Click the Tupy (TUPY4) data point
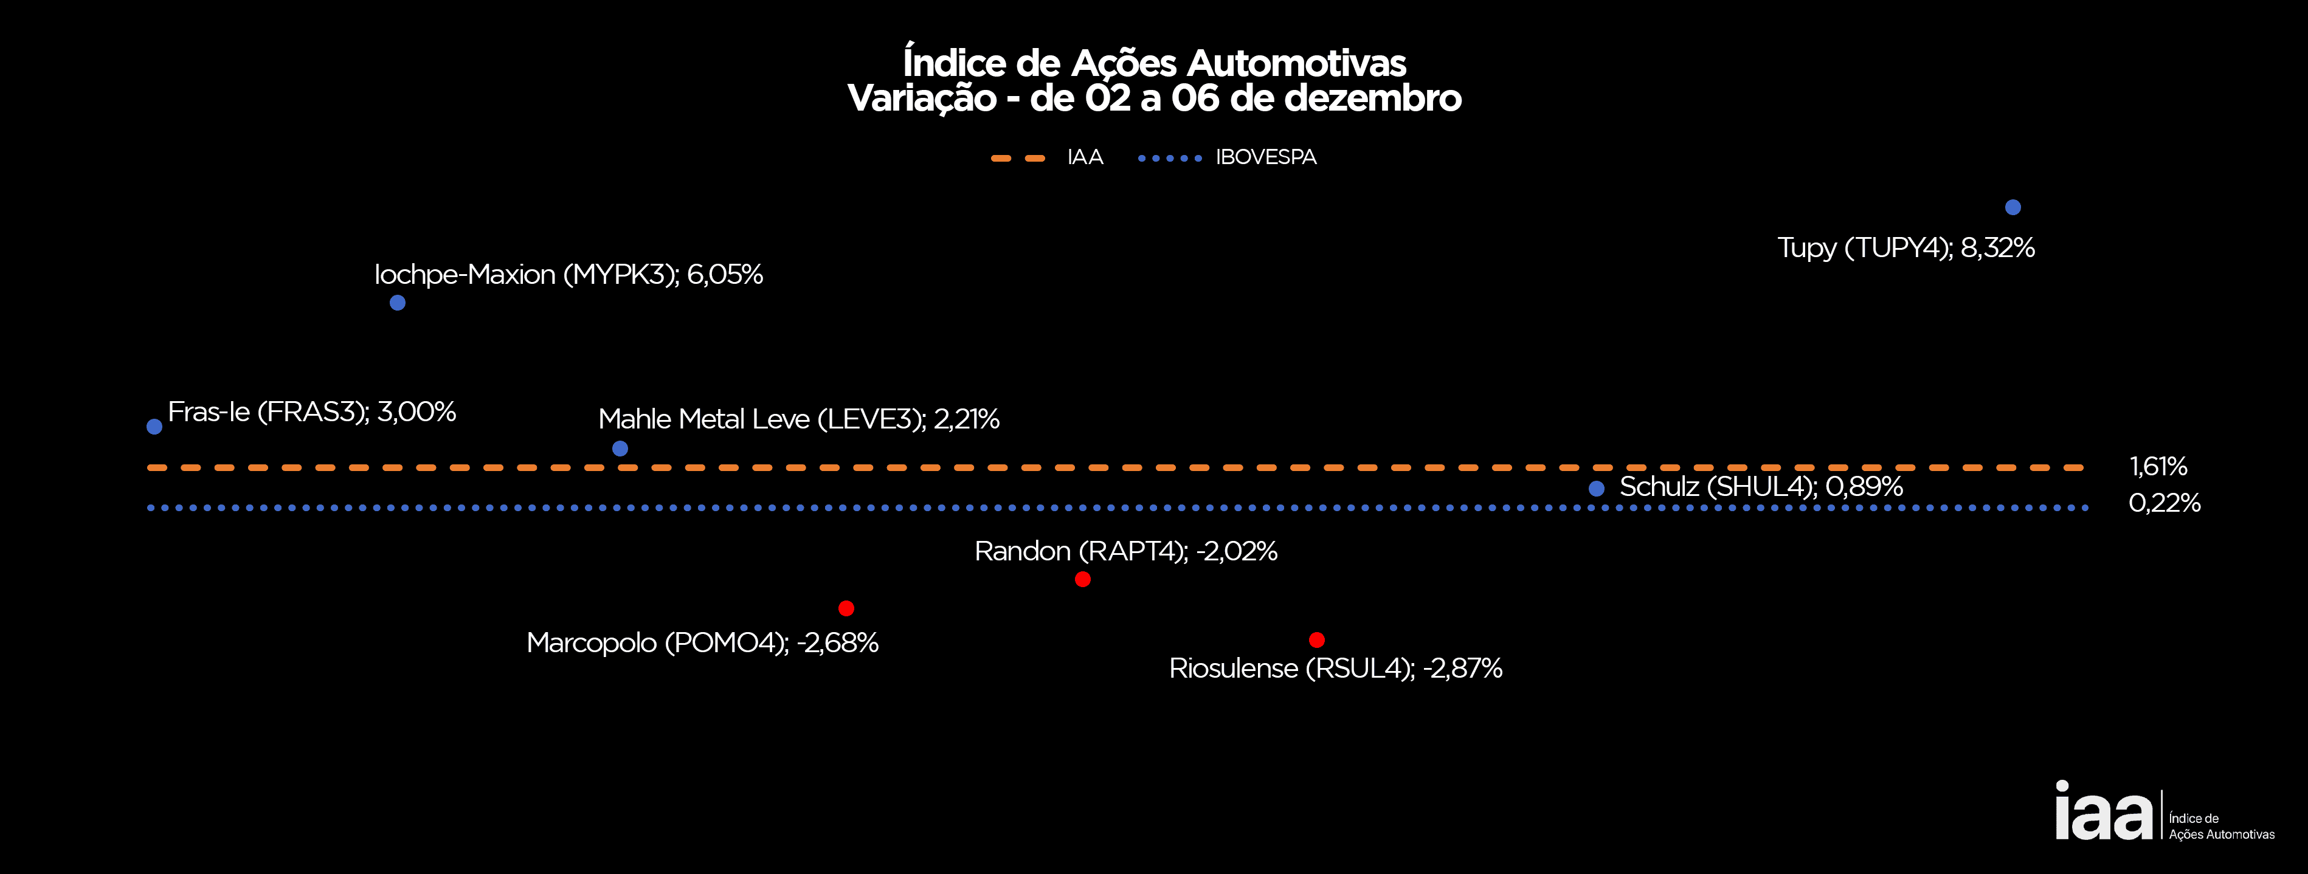(2013, 207)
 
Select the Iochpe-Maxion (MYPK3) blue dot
(398, 303)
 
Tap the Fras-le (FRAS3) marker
(154, 426)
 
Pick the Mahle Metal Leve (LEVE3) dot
(620, 448)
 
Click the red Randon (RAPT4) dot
(1082, 579)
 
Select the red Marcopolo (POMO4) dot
(846, 608)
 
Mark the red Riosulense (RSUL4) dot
(1316, 639)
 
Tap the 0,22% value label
(2164, 503)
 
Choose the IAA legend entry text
(1085, 157)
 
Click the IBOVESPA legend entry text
(1265, 157)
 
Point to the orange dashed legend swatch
(1018, 159)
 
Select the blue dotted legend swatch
(1169, 159)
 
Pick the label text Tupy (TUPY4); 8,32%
(1905, 248)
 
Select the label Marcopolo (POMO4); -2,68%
(702, 643)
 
